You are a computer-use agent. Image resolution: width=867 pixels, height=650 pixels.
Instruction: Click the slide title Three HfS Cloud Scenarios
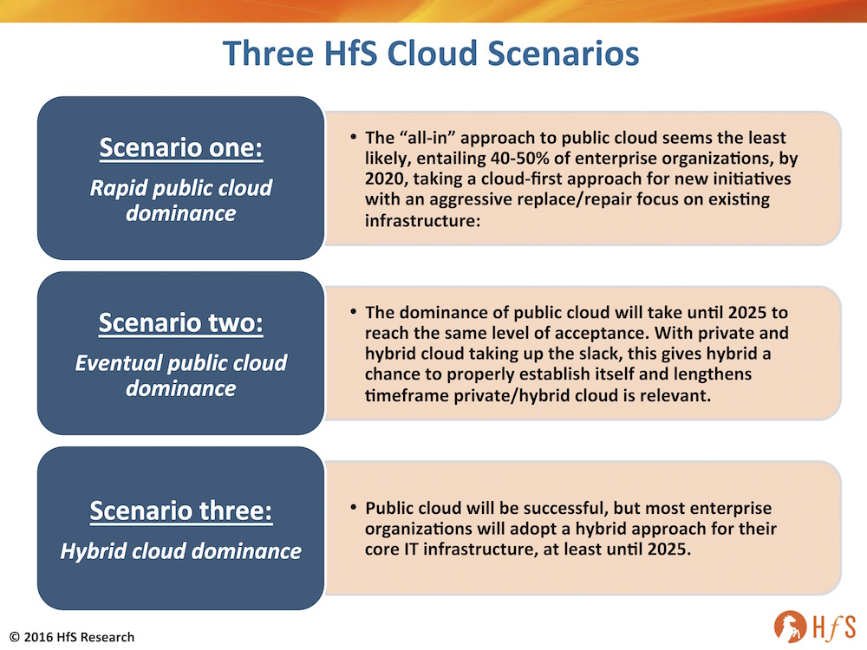[x=431, y=54]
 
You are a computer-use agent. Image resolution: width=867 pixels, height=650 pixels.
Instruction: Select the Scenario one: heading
[x=181, y=148]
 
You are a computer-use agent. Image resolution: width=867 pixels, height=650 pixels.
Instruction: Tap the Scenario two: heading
[x=181, y=322]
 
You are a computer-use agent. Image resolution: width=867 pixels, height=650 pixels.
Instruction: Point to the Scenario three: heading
[x=181, y=510]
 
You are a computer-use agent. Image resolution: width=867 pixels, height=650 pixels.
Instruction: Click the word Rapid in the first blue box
[x=118, y=188]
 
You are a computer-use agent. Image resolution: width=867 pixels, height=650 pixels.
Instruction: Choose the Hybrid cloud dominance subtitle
[x=181, y=551]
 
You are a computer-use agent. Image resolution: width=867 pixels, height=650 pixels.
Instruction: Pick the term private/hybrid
[x=512, y=396]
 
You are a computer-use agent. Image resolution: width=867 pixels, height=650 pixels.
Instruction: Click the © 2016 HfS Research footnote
[x=72, y=637]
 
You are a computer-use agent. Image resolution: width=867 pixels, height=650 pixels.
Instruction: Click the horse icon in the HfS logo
[x=790, y=627]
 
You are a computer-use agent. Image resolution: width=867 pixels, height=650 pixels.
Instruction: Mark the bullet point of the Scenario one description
[x=353, y=137]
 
